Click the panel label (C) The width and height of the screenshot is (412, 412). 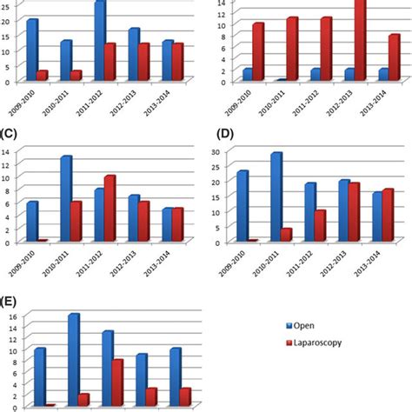click(x=11, y=136)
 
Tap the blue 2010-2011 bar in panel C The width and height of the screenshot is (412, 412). click(x=66, y=199)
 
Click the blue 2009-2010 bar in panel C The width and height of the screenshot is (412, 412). click(x=32, y=222)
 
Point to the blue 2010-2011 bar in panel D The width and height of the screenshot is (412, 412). click(x=276, y=196)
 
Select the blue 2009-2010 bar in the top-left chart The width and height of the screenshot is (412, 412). click(x=32, y=50)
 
